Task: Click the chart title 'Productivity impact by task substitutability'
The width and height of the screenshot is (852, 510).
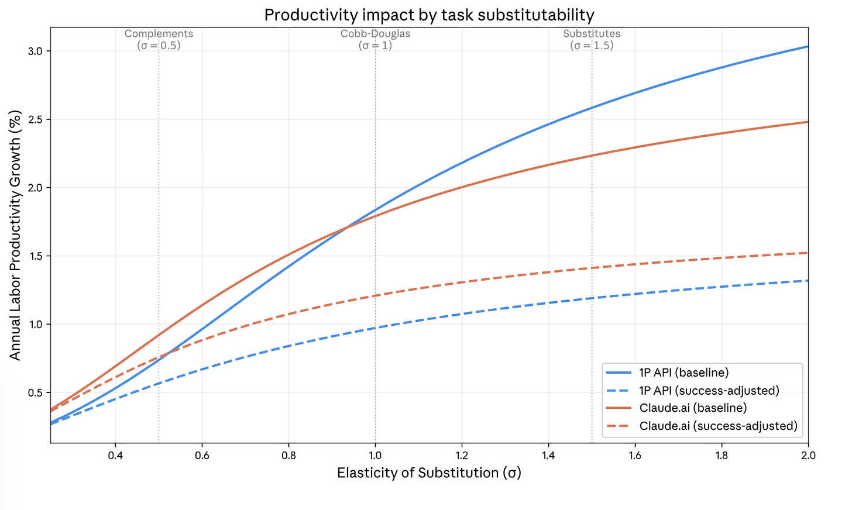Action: (x=429, y=15)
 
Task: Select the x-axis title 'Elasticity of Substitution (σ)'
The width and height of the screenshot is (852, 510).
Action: (x=429, y=473)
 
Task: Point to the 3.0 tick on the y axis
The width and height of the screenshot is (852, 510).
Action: (x=36, y=51)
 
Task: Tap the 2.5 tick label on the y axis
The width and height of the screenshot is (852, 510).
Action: (x=36, y=119)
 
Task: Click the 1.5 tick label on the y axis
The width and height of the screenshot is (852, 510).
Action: (x=36, y=256)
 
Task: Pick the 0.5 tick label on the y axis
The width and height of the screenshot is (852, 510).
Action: (x=36, y=392)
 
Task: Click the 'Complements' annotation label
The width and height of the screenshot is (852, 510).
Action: (x=159, y=34)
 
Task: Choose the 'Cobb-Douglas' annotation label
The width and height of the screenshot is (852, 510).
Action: (x=375, y=34)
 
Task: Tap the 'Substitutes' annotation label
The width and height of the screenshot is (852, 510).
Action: (x=592, y=34)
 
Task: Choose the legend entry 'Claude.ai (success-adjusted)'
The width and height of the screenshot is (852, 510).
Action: (x=718, y=426)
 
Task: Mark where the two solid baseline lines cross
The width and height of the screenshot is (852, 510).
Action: (x=346, y=228)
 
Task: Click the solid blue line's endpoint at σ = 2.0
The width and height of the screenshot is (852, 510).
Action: (x=808, y=46)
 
